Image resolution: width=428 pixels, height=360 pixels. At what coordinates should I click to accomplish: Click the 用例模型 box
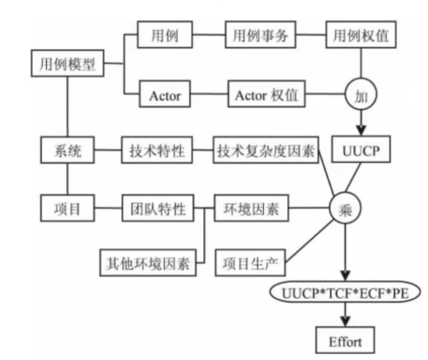click(68, 65)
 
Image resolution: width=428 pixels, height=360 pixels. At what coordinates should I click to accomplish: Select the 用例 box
click(165, 36)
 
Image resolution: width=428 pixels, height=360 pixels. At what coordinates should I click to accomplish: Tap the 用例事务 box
click(260, 36)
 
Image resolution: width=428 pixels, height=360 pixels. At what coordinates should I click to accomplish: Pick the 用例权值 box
click(360, 36)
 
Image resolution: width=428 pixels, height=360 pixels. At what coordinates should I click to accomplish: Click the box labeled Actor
click(165, 96)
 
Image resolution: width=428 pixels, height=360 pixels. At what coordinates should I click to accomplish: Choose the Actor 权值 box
click(266, 96)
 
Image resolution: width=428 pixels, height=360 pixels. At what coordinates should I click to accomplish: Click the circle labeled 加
click(360, 96)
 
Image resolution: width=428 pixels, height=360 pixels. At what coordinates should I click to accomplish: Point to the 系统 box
click(68, 152)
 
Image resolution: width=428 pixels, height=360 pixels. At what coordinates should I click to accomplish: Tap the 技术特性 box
click(153, 152)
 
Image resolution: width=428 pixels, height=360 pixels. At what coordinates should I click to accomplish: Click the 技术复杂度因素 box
click(266, 152)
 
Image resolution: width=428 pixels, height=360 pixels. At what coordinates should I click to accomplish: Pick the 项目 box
click(68, 208)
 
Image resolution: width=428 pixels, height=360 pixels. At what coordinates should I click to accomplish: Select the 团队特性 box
click(158, 208)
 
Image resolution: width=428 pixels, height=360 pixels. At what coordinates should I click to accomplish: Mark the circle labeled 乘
click(346, 208)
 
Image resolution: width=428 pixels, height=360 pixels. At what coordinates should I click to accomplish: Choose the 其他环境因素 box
click(148, 263)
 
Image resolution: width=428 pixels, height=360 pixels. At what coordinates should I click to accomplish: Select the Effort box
click(345, 341)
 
